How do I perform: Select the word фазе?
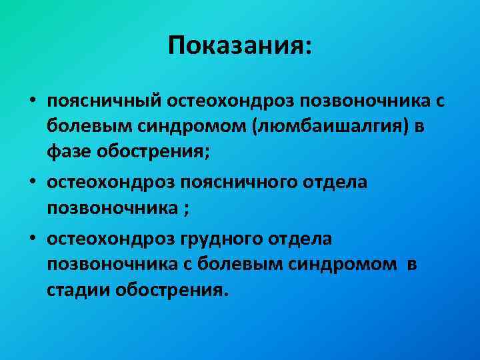point(70,151)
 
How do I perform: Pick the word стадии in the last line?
point(79,290)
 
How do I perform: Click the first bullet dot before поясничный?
point(31,101)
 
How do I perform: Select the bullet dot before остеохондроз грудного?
point(31,239)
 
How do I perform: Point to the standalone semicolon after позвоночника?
point(187,208)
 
